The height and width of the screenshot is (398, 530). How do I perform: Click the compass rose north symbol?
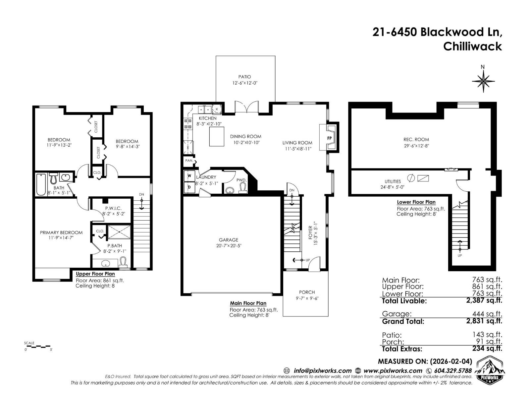[x=483, y=81]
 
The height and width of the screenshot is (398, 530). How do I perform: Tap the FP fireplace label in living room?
[x=330, y=138]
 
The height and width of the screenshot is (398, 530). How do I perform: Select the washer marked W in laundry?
[x=189, y=176]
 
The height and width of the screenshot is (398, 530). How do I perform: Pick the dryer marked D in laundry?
[x=189, y=187]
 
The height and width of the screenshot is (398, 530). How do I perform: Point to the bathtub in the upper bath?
[x=41, y=184]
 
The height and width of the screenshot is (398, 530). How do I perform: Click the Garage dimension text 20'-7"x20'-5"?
[x=228, y=246]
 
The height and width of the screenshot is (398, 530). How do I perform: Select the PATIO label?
[x=244, y=77]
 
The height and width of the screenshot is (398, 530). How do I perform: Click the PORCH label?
[x=307, y=292]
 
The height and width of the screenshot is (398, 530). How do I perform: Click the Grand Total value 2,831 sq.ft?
[x=484, y=321]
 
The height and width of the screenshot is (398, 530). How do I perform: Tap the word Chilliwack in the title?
[x=472, y=46]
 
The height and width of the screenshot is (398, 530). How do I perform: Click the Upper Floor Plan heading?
[x=95, y=274]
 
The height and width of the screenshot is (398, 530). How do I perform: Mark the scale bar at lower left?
[x=38, y=347]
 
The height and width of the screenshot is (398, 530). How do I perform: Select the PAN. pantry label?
[x=189, y=161]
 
